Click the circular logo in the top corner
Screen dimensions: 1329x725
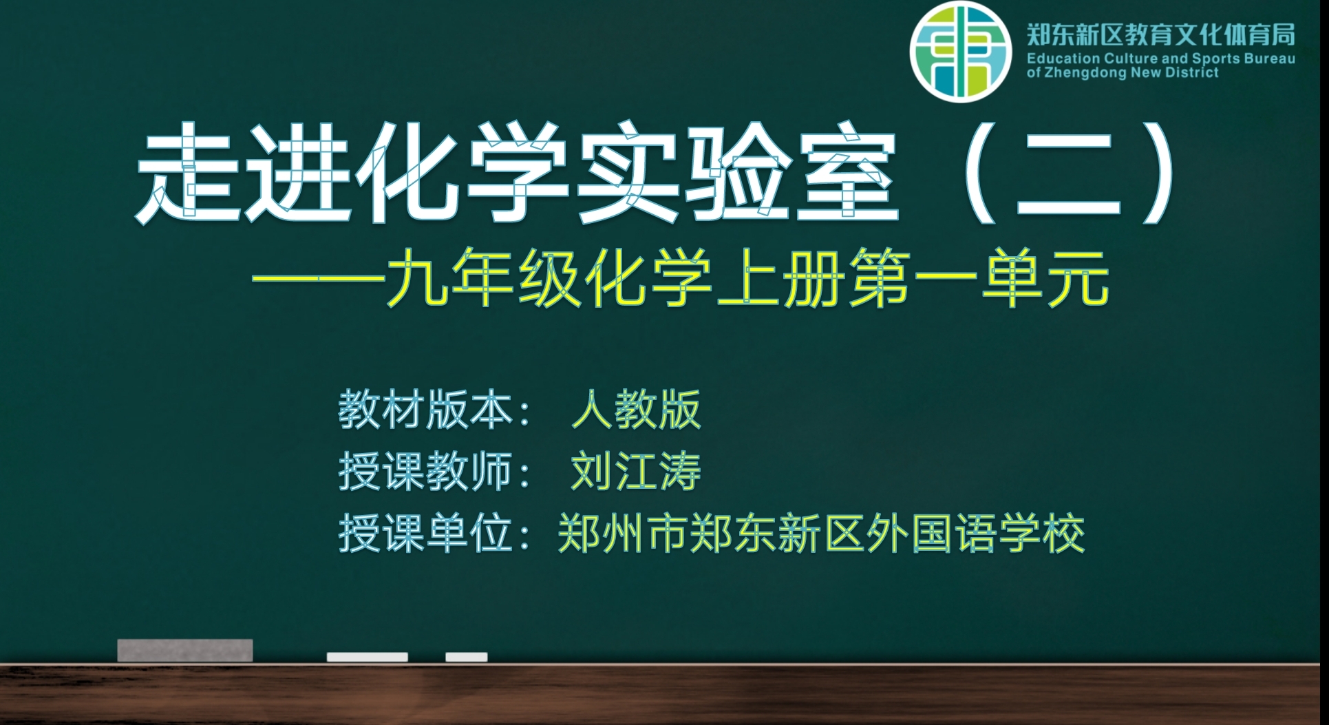(961, 52)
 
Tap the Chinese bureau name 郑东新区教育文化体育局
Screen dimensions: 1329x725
(1160, 34)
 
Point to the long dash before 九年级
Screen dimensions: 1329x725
(318, 280)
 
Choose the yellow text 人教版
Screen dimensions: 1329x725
(636, 410)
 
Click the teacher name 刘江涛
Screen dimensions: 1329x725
(636, 472)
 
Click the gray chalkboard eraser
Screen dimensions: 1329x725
(185, 651)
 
